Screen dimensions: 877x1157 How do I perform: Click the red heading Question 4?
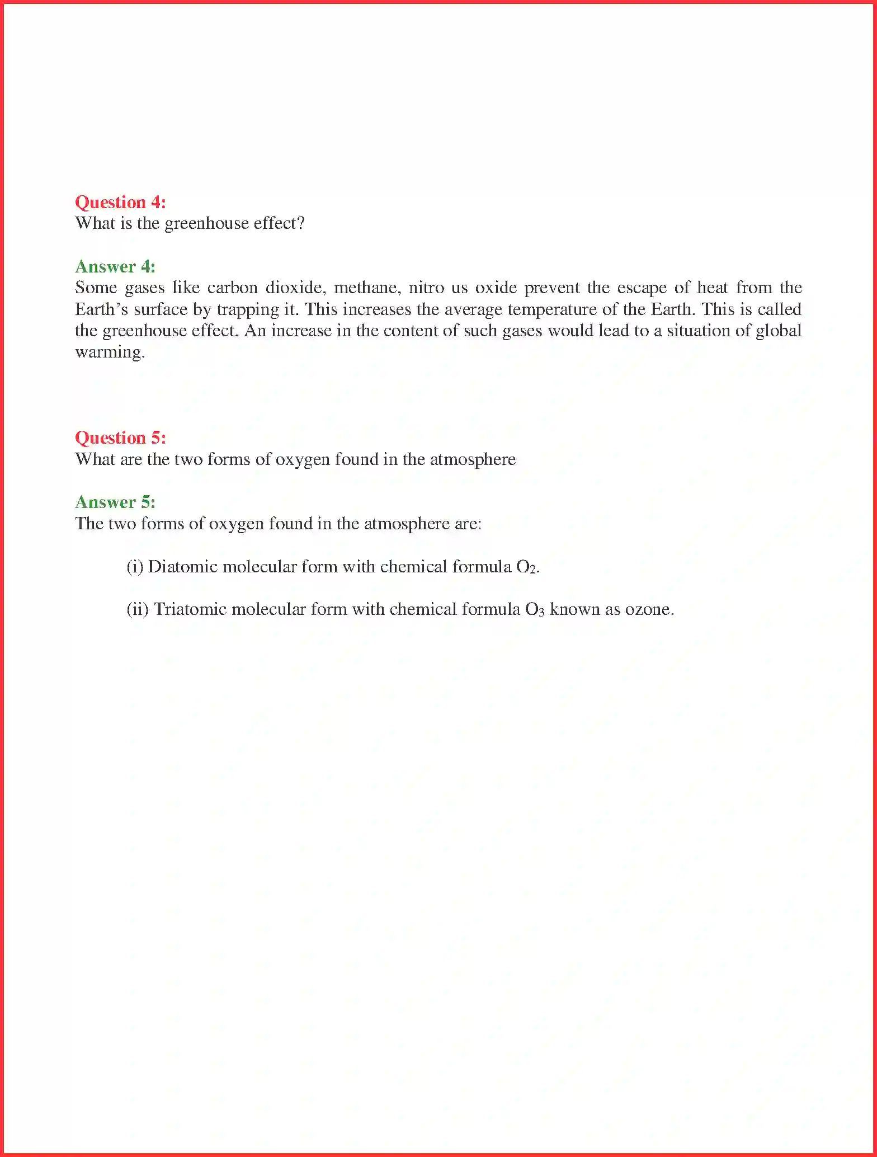(120, 202)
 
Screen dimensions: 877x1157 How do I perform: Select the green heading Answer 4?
(115, 266)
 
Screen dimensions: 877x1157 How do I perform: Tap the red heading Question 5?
(120, 438)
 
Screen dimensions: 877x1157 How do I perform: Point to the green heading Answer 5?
(115, 502)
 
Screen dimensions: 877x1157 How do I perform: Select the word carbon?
(232, 288)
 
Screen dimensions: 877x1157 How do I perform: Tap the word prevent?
(551, 288)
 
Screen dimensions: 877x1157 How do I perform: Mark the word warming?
(110, 352)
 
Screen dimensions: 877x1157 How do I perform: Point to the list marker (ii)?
(138, 609)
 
